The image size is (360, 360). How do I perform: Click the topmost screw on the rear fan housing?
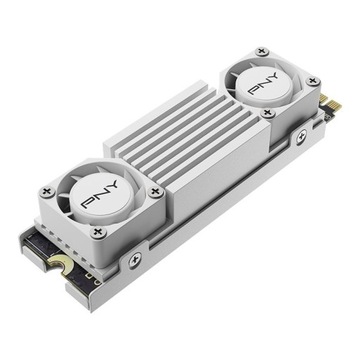(262, 50)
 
